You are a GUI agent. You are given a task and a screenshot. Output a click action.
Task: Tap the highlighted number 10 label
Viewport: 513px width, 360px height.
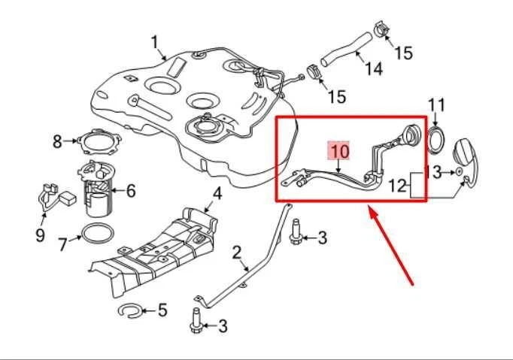(338, 151)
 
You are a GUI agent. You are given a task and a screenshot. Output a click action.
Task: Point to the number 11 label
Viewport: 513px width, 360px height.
(437, 104)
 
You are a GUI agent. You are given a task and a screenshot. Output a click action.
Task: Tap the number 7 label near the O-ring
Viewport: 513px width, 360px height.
(62, 244)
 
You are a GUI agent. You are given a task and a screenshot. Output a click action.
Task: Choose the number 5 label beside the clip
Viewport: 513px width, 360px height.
(162, 310)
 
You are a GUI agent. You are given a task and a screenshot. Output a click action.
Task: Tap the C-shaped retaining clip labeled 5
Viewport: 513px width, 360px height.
(130, 309)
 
